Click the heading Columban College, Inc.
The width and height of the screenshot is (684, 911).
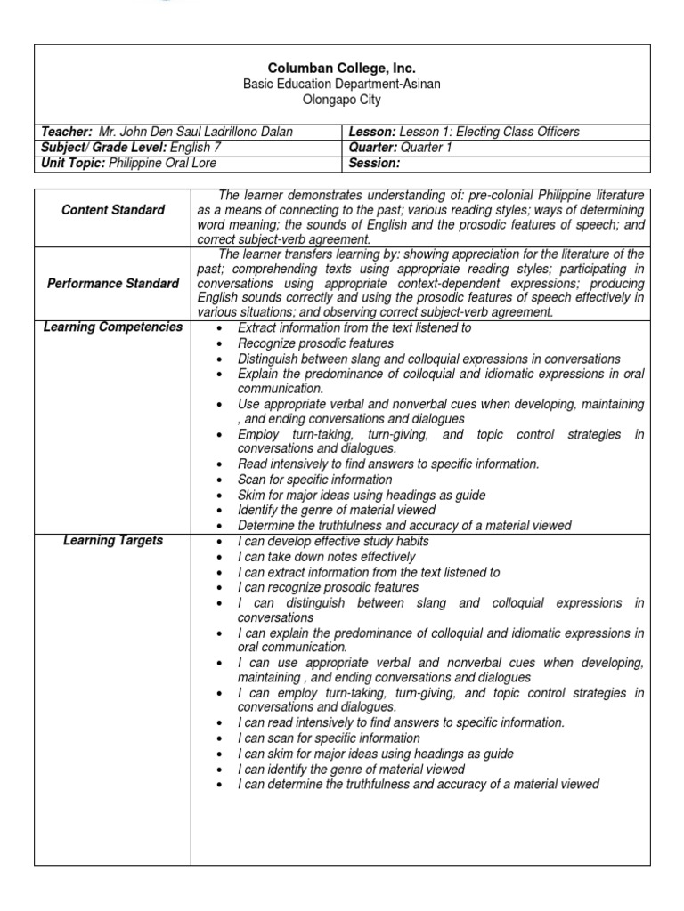coord(342,68)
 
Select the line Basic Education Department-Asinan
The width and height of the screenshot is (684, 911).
coord(342,84)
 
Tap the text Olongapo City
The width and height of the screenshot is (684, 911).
coord(342,100)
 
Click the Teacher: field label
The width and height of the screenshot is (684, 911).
coord(67,132)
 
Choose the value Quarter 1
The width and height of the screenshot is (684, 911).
coord(427,148)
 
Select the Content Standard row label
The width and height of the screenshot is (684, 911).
coord(112,210)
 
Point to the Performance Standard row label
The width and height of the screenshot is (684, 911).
coord(112,283)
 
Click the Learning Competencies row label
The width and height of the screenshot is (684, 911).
coord(112,327)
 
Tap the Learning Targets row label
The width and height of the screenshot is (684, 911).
coord(112,541)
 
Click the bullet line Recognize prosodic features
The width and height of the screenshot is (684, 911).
coord(315,343)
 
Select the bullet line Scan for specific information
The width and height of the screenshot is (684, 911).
coord(314,480)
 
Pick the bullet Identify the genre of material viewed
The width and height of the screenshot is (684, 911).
coord(336,510)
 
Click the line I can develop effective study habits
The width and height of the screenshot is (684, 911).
coord(332,542)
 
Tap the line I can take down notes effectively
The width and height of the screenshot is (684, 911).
coord(326,557)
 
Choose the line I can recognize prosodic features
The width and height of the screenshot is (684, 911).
coord(328,587)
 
